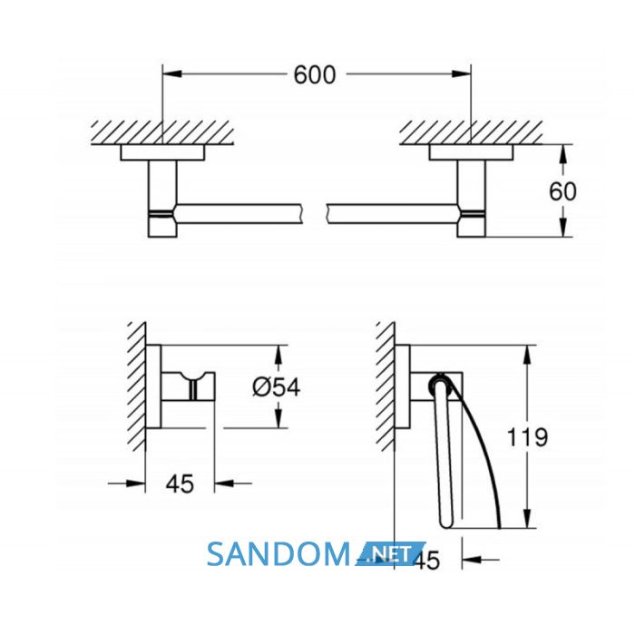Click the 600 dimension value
tap(315, 75)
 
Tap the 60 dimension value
tap(562, 191)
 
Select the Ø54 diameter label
tap(276, 386)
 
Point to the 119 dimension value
tap(527, 437)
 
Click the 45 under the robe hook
tap(180, 484)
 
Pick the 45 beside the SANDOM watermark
tap(426, 561)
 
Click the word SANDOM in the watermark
tap(278, 554)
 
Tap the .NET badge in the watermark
tap(388, 553)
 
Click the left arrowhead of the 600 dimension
tap(171, 74)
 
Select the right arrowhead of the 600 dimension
tap(462, 74)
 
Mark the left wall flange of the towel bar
tap(162, 152)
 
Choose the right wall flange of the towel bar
tap(471, 152)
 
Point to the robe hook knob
tap(189, 386)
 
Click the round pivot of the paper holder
tap(440, 384)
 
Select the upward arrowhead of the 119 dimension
tap(526, 356)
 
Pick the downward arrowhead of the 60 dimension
tap(562, 227)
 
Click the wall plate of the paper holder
tap(402, 386)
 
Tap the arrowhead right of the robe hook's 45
tap(224, 484)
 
